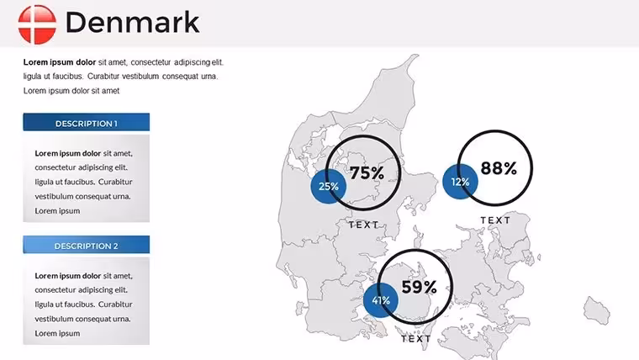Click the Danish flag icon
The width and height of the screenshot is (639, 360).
tap(37, 24)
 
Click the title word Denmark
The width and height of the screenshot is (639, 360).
tap(133, 23)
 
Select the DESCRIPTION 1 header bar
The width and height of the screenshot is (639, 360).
tap(87, 122)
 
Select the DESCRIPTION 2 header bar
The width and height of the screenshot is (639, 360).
tap(87, 245)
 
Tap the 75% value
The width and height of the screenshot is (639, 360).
tap(367, 173)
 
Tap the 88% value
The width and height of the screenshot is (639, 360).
tap(499, 168)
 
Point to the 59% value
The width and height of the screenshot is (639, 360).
tap(419, 287)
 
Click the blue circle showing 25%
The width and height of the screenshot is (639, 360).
tap(329, 187)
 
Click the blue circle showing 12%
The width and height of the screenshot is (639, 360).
tap(460, 182)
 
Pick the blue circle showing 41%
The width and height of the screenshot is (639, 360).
tap(381, 300)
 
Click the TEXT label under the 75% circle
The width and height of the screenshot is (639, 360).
tap(364, 225)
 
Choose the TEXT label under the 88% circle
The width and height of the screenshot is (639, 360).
tap(495, 220)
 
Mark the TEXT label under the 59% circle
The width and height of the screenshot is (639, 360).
tap(416, 339)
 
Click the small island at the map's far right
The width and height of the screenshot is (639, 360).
tap(597, 310)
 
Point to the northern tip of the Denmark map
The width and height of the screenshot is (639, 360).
tap(416, 55)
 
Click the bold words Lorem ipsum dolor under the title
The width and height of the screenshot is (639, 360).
tap(60, 62)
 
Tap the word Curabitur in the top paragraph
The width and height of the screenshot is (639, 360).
tap(103, 77)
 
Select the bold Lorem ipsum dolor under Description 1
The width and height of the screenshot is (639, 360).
tap(67, 153)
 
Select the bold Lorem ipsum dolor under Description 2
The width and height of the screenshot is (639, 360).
tap(67, 276)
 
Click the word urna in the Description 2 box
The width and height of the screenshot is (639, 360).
tap(122, 319)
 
